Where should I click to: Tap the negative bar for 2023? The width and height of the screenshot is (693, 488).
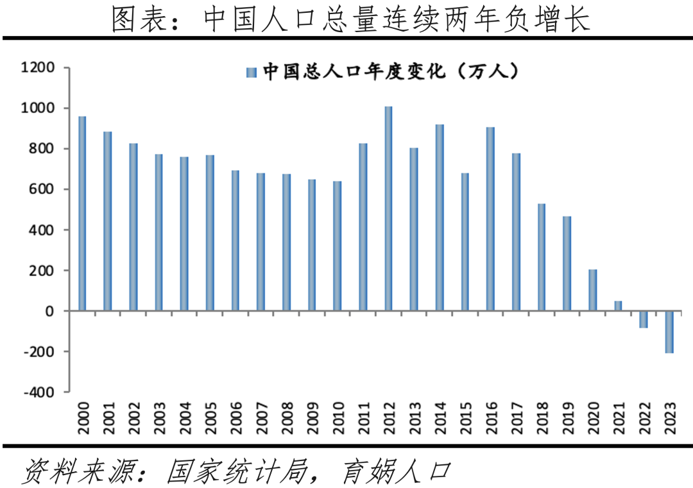click(x=669, y=332)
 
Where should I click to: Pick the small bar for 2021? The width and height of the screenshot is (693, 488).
click(x=618, y=306)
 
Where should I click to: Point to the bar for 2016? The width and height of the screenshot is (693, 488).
click(x=490, y=219)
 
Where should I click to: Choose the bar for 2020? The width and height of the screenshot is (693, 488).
click(x=593, y=290)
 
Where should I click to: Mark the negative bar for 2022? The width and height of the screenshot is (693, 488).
click(x=644, y=319)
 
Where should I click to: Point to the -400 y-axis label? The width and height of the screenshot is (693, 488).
click(x=38, y=392)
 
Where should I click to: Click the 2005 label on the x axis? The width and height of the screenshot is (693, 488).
click(x=210, y=419)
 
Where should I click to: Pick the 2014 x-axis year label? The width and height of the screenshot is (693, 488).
click(x=440, y=419)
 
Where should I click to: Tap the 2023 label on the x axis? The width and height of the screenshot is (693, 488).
click(x=669, y=419)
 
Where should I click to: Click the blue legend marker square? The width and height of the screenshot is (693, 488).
click(x=251, y=72)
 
